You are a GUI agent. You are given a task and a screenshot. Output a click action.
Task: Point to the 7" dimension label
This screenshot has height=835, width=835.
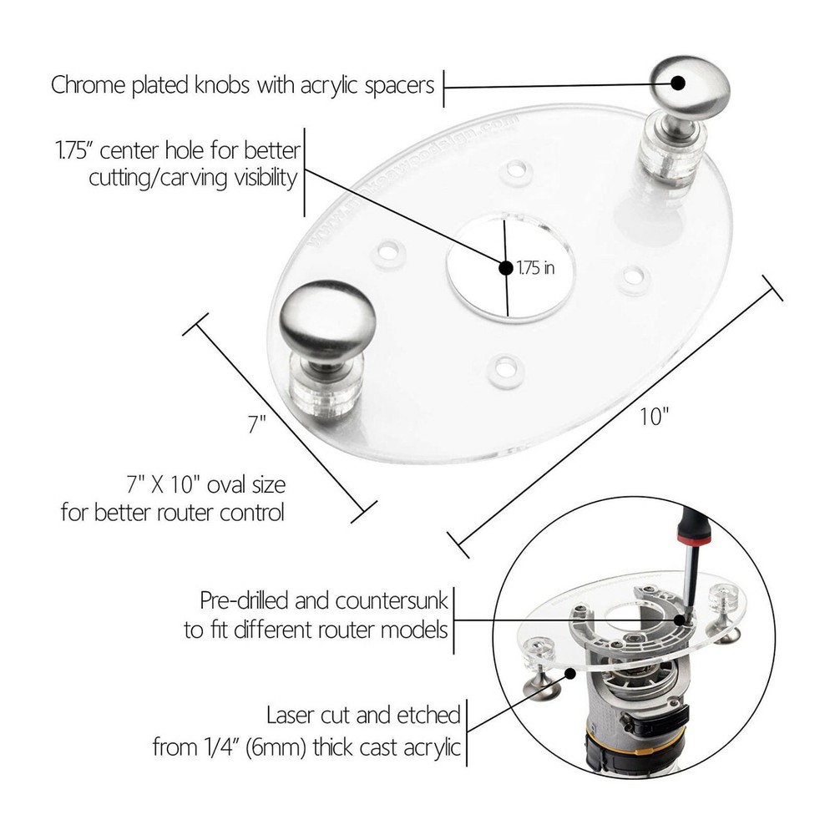(x=256, y=423)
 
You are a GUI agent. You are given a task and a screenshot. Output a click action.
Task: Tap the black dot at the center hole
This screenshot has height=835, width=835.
(x=505, y=268)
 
